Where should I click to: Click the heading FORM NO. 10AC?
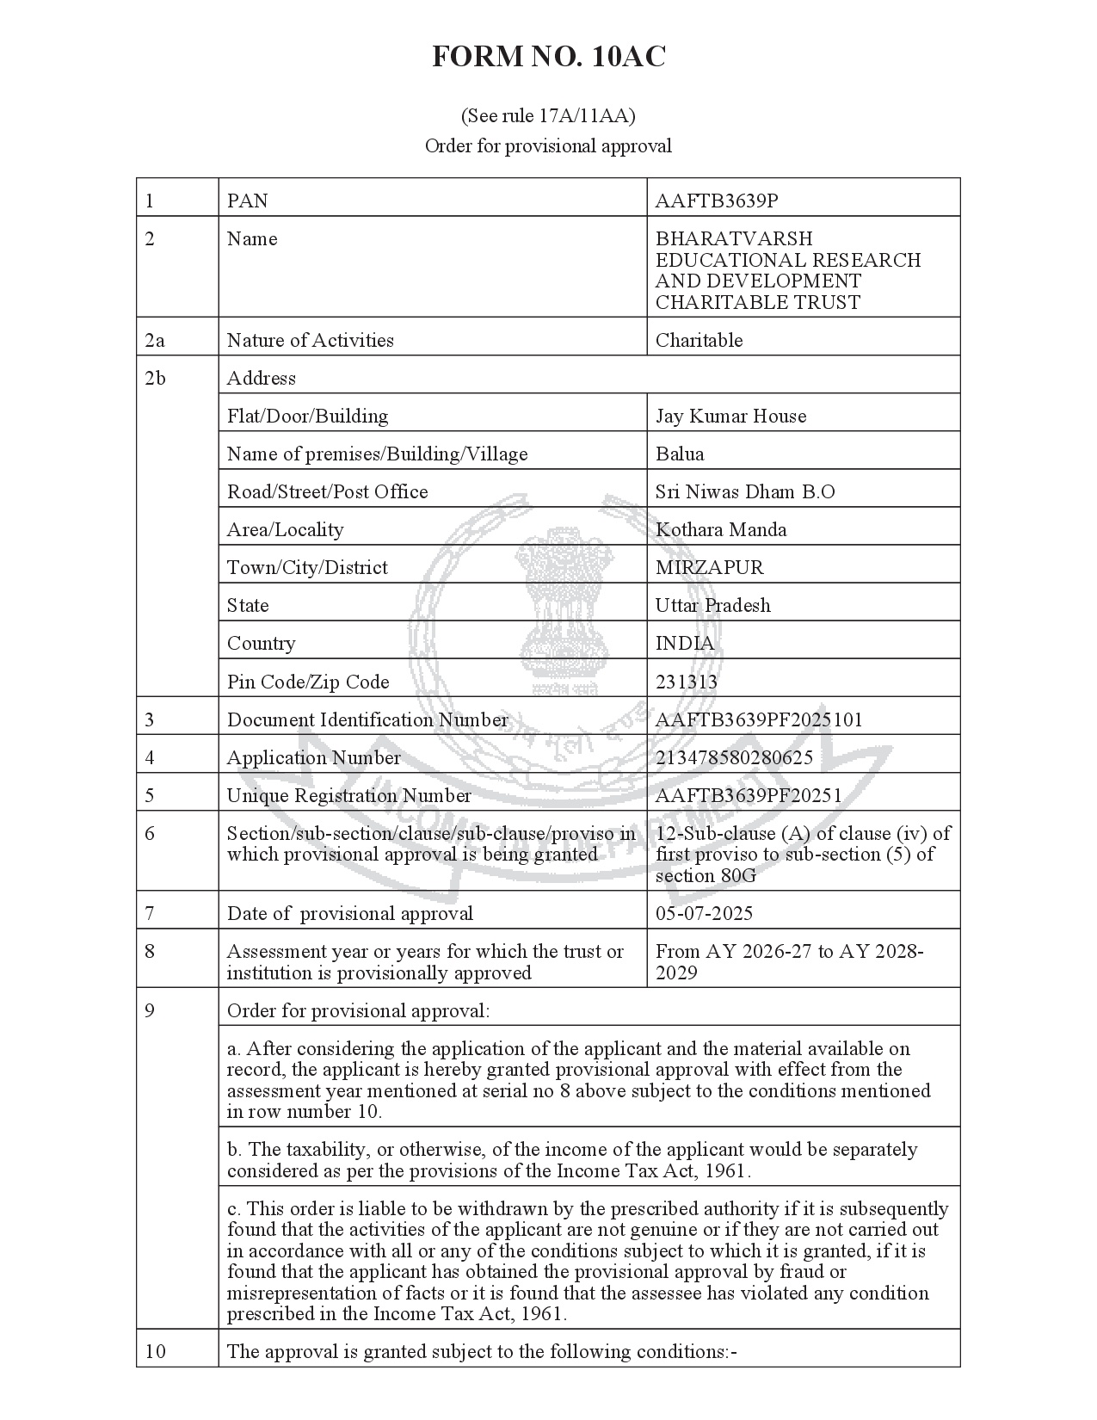[x=548, y=58]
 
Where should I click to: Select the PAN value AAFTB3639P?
[x=716, y=201]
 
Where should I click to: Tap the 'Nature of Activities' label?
[x=310, y=341]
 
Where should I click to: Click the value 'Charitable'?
[x=699, y=341]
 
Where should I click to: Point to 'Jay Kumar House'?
[x=730, y=417]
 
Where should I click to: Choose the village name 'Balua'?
[x=680, y=454]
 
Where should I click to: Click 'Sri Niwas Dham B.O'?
[x=745, y=492]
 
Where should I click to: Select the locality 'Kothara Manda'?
[x=721, y=530]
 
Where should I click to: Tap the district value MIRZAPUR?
[x=709, y=568]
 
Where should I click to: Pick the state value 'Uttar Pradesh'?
[x=712, y=606]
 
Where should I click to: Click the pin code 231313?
[x=686, y=682]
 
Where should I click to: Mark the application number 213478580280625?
[x=734, y=758]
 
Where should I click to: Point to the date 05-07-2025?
[x=704, y=914]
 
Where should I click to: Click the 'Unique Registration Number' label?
[x=348, y=796]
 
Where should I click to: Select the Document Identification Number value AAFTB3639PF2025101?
[x=758, y=720]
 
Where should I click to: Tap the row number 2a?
[x=155, y=341]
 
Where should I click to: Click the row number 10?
[x=155, y=1352]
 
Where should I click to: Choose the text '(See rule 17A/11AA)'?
[x=548, y=115]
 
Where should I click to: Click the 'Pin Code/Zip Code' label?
[x=307, y=682]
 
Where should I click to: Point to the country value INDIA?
[x=684, y=644]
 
